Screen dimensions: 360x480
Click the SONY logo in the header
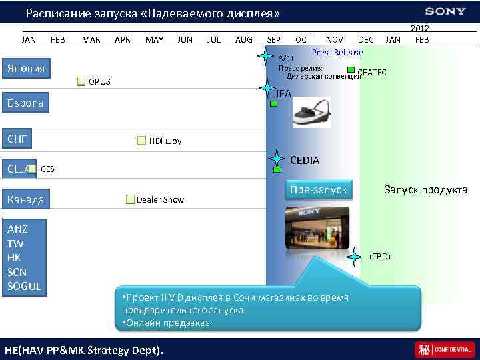point(446,11)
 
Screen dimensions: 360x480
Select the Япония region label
point(26,69)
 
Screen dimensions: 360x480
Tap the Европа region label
point(25,103)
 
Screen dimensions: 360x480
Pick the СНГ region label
point(16,139)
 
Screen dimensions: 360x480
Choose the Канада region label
point(26,199)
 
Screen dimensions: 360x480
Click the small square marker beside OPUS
point(81,81)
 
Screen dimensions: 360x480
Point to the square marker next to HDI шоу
point(141,141)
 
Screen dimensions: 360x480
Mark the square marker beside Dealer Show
point(129,199)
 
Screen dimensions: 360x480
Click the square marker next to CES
point(32,169)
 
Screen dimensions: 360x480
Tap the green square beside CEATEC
point(351,69)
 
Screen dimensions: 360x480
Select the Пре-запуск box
point(319,190)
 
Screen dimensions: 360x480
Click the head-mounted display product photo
point(311,112)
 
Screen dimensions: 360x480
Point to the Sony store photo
point(317,228)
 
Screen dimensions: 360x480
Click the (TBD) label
point(380,256)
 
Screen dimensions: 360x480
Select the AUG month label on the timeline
point(244,40)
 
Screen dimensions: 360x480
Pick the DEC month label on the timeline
point(365,40)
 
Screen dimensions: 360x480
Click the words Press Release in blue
point(337,53)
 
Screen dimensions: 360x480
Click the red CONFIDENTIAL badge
point(445,349)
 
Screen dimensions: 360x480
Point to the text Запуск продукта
point(425,190)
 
